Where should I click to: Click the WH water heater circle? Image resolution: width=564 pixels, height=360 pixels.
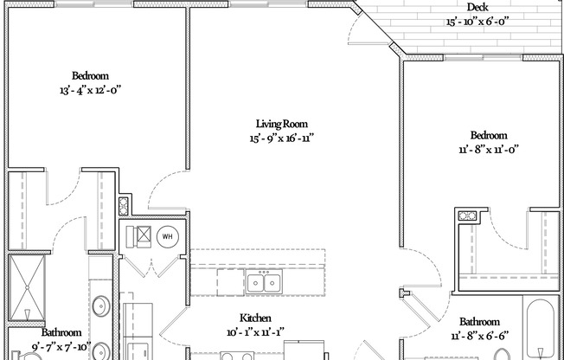[x=166, y=235]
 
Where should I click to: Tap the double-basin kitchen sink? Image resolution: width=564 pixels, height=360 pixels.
[x=262, y=282]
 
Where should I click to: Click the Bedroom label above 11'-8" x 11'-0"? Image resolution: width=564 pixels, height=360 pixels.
[x=488, y=135]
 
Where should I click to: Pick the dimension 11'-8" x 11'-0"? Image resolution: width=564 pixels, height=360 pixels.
[x=488, y=149]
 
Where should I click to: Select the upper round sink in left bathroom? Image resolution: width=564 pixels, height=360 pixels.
[x=100, y=305]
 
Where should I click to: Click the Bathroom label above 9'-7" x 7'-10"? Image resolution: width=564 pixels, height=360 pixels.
[x=61, y=332]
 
